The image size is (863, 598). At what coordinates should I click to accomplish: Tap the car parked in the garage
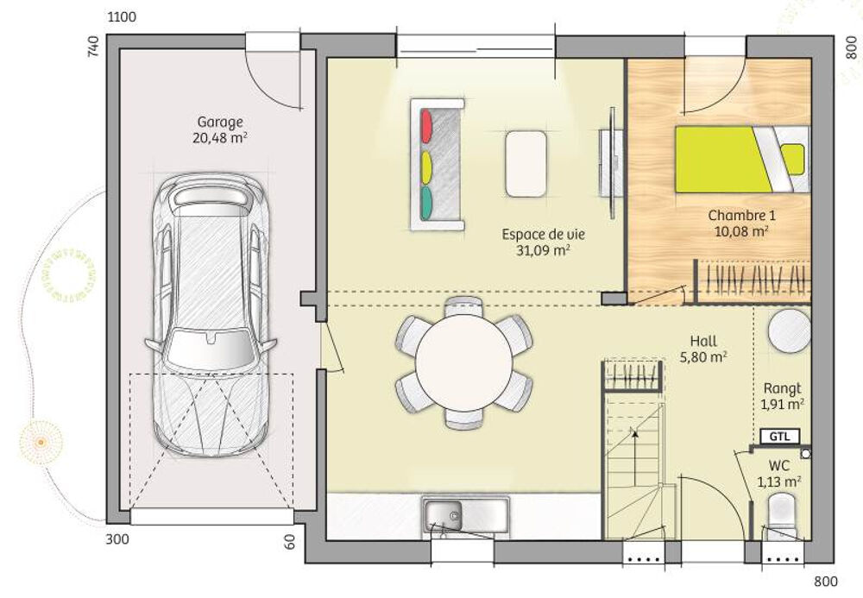pos(210,315)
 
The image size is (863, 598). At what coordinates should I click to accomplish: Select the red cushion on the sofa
pos(425,127)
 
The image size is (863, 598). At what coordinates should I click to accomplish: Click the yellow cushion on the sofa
pos(425,165)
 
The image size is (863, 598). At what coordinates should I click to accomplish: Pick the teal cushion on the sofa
pos(425,203)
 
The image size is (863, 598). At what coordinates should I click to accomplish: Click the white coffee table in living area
pos(525,163)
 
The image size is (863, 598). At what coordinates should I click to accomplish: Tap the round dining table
pos(463,362)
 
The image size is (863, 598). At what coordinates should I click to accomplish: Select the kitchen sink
pos(464,515)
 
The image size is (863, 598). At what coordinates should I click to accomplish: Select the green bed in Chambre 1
pos(725,160)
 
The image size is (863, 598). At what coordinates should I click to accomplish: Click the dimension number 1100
pos(121,17)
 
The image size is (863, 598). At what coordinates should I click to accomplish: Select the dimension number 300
pos(117,540)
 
